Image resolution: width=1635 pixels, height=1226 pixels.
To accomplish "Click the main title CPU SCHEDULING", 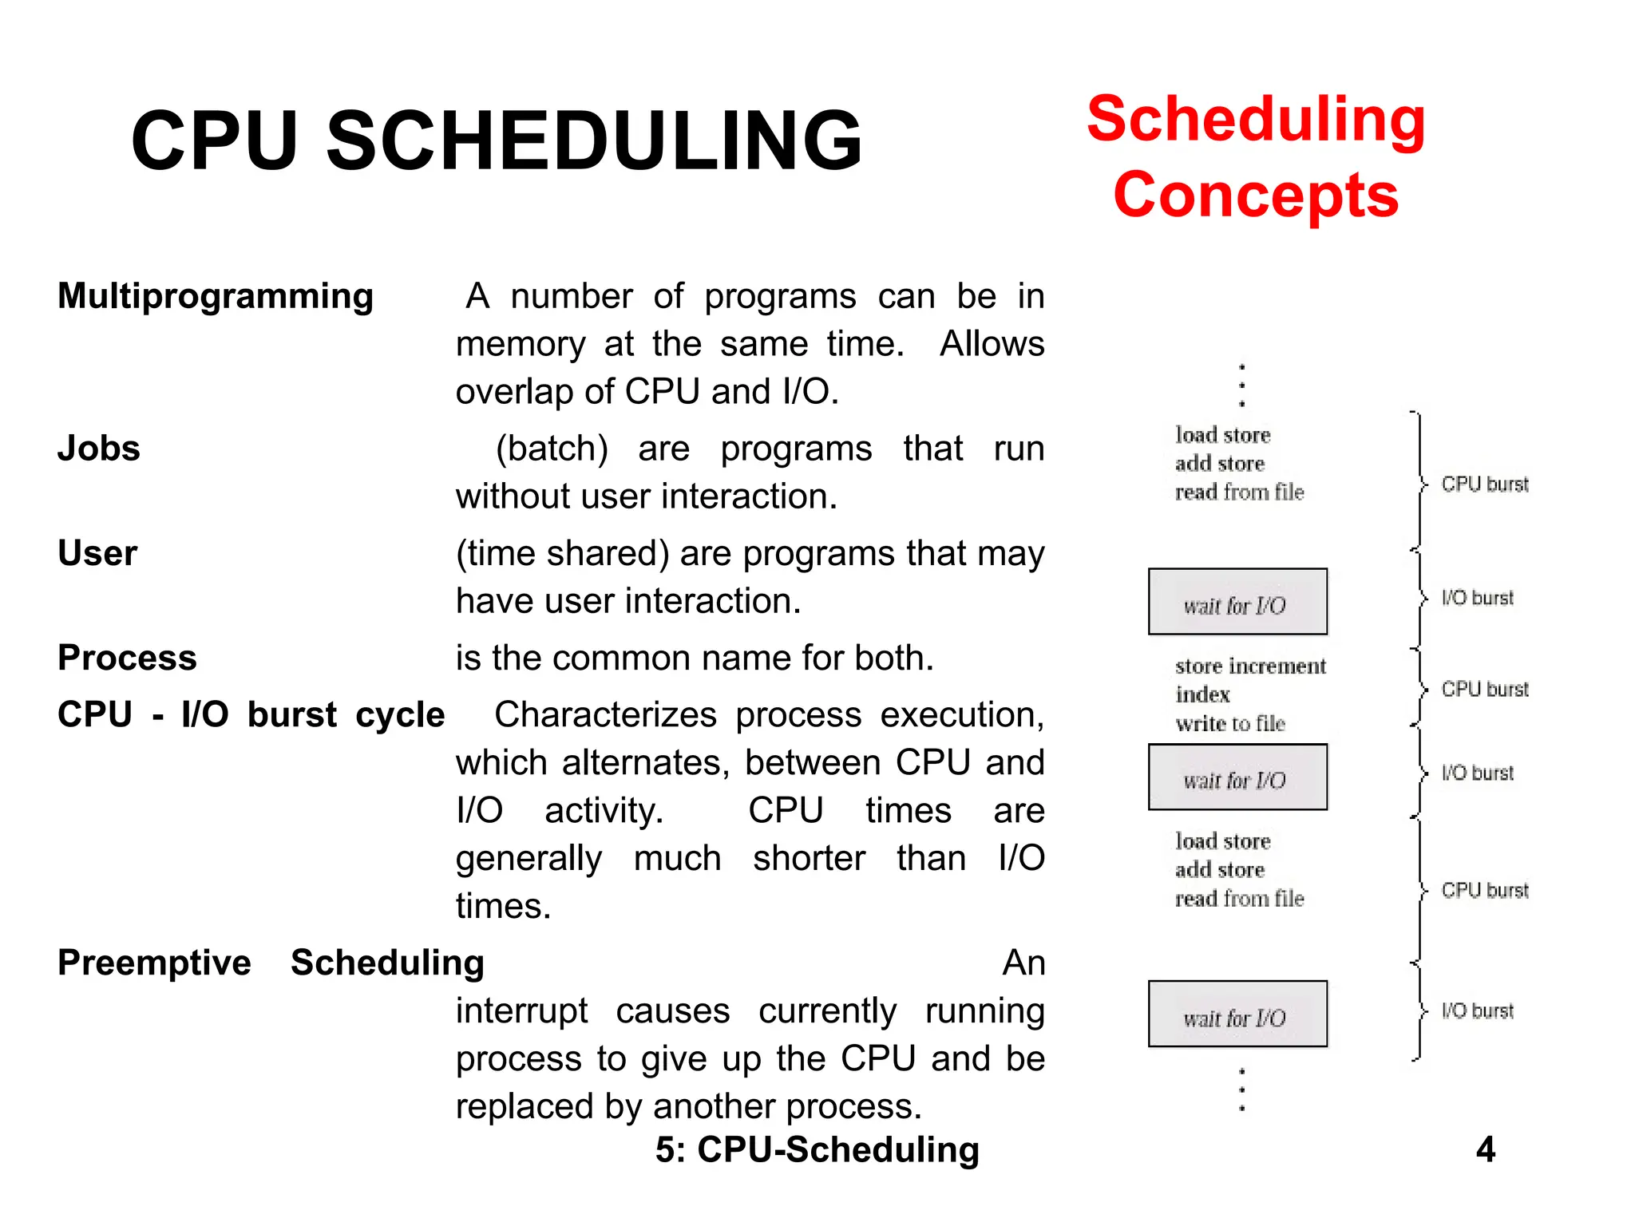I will (497, 141).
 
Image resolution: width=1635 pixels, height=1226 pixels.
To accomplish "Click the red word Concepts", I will (1255, 196).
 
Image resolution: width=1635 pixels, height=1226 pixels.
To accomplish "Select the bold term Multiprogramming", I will (216, 296).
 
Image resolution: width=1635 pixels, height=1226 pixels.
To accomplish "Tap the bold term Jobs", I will (99, 449).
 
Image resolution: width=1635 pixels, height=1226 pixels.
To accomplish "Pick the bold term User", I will (97, 553).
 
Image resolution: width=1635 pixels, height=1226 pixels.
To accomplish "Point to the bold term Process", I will (127, 658).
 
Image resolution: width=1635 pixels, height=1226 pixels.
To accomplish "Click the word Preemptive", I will (154, 963).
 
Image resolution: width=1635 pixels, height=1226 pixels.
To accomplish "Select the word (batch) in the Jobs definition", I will (552, 449).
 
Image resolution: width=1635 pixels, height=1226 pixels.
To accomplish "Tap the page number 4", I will (1485, 1149).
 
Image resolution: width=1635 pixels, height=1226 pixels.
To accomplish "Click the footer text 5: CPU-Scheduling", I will (817, 1149).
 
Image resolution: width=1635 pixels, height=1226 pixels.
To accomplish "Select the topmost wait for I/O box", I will (1237, 602).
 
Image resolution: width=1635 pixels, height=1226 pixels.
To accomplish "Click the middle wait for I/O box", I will (1237, 777).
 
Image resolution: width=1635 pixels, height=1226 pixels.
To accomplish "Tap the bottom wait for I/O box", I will (1237, 1014).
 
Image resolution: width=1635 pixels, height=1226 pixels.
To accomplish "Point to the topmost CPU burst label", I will (1484, 484).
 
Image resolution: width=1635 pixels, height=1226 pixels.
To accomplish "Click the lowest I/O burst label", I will (1477, 1011).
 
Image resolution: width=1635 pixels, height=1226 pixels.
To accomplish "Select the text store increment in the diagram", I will (1249, 666).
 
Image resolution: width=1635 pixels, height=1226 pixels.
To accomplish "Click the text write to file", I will (1229, 724).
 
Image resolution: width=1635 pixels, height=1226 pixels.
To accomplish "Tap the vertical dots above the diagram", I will (1241, 386).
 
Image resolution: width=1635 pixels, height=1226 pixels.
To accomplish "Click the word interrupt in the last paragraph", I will (521, 1011).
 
